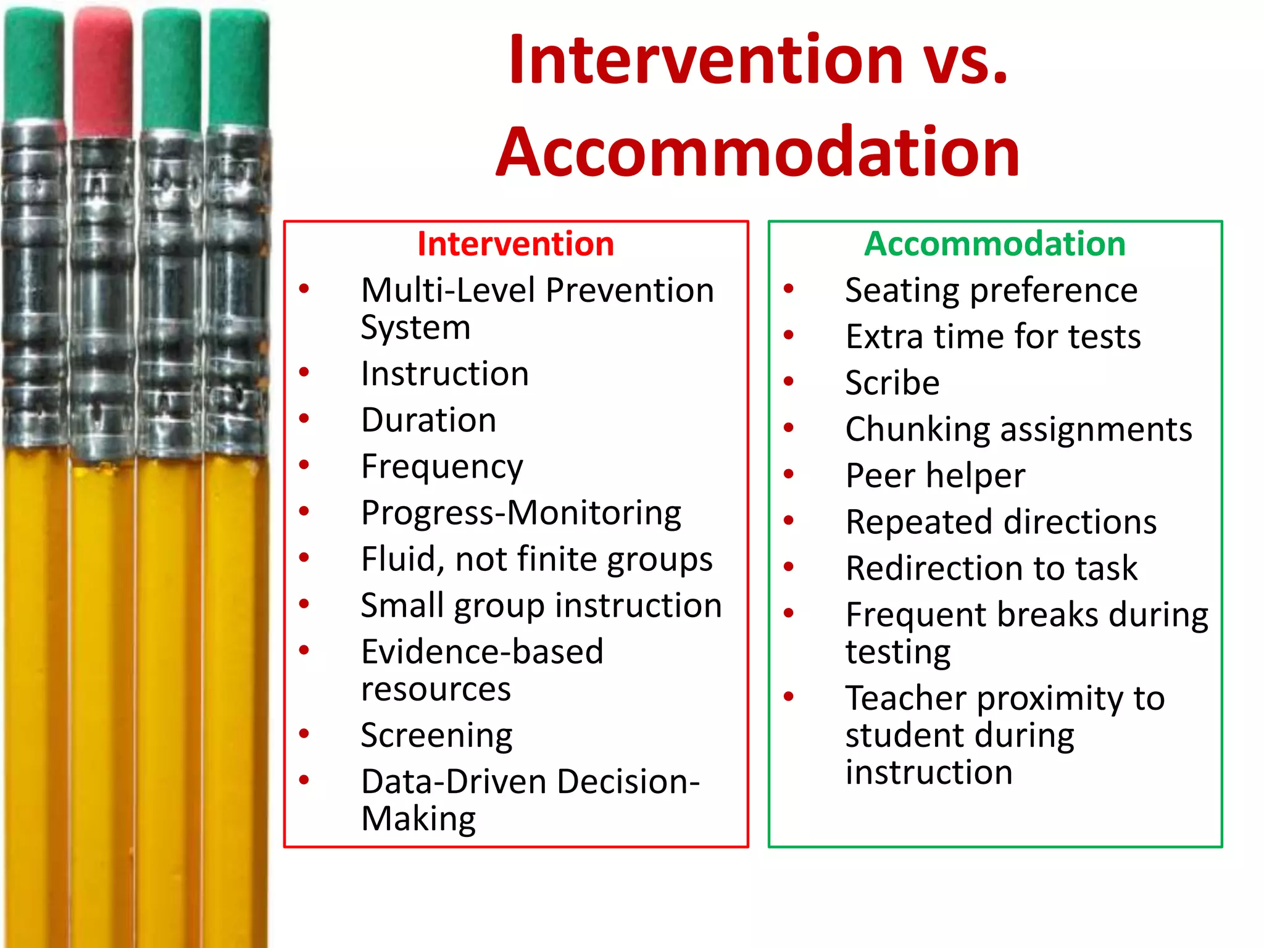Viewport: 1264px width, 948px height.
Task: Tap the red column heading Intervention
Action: (x=515, y=244)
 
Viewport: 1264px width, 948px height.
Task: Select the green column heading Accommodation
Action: (x=995, y=244)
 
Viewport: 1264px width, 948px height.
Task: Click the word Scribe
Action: (x=892, y=383)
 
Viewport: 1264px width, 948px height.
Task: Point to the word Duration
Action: (x=428, y=420)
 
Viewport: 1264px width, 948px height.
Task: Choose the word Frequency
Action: (x=442, y=467)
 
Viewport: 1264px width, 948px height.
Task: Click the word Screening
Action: (x=436, y=736)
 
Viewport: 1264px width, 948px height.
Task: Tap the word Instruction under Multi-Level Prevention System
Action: (x=444, y=374)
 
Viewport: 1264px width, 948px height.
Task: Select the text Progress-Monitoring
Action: (x=521, y=513)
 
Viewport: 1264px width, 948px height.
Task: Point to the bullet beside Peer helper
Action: (x=789, y=474)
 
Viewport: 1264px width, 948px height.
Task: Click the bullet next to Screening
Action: (x=304, y=734)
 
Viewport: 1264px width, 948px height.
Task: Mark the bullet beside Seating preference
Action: (x=789, y=288)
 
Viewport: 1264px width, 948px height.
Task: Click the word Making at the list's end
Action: (x=418, y=820)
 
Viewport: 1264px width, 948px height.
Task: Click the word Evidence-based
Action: (x=482, y=652)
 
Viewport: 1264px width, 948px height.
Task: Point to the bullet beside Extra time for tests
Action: (x=789, y=335)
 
